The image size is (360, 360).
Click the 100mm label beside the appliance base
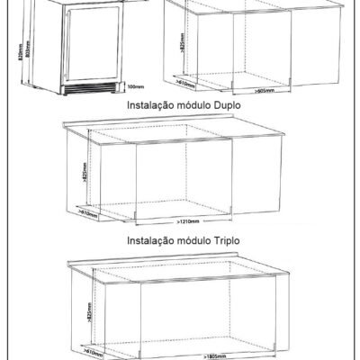(x=135, y=87)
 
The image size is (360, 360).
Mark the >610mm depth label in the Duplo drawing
(x=88, y=212)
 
